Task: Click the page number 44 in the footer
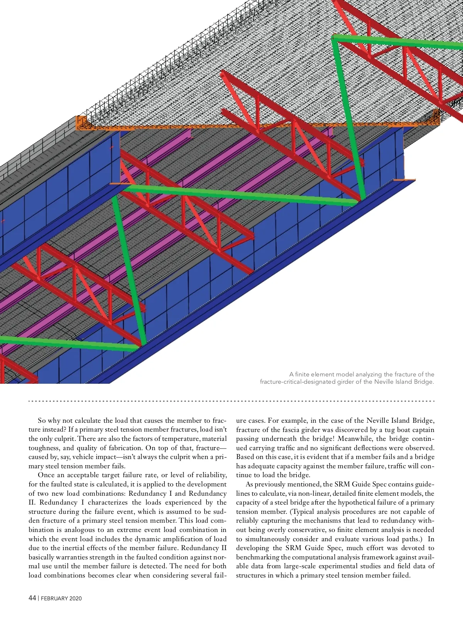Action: pyautogui.click(x=32, y=598)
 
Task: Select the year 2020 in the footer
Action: pyautogui.click(x=76, y=598)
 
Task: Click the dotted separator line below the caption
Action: pyautogui.click(x=231, y=401)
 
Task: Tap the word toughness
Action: pyautogui.click(x=44, y=448)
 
